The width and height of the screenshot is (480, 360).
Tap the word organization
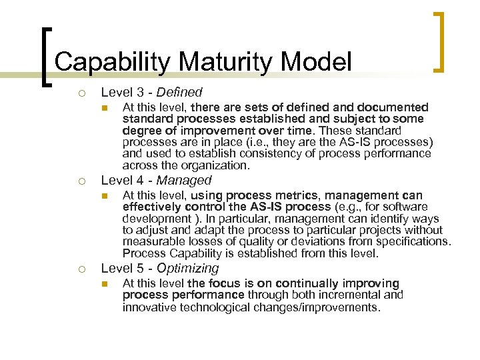215,165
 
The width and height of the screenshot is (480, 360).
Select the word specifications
413,241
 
